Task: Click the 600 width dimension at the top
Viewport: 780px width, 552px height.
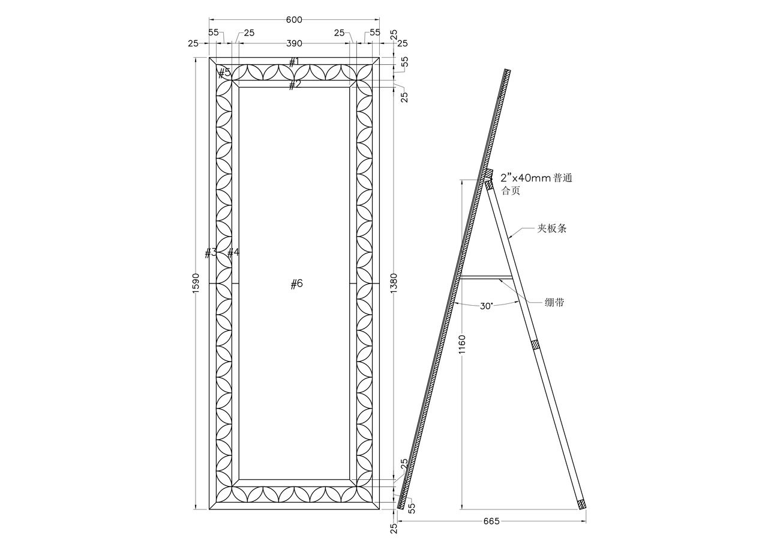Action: coord(294,20)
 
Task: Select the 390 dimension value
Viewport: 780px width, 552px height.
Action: coord(294,44)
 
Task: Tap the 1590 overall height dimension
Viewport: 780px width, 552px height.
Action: coord(196,283)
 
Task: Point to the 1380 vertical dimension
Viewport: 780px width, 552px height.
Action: coord(394,283)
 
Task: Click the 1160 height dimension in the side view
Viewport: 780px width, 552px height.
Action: coord(462,344)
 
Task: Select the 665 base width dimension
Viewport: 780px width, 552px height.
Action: coord(491,531)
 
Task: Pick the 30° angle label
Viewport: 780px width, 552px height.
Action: coord(487,306)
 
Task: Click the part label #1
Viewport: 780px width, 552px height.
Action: coord(294,62)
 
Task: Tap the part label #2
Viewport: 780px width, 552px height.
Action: coord(294,85)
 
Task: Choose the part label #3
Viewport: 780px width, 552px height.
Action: coord(211,253)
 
